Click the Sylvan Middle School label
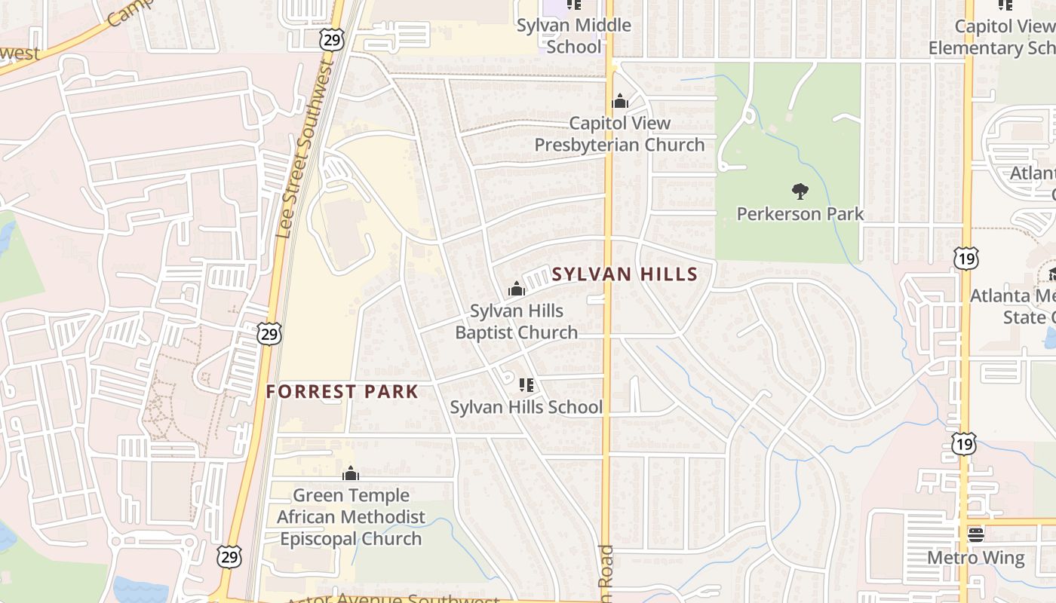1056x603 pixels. (x=574, y=35)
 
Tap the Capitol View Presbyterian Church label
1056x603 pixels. (x=619, y=133)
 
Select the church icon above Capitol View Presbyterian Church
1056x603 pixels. (x=620, y=101)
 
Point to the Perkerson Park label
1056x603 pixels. (x=800, y=213)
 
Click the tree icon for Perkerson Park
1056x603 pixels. (x=800, y=191)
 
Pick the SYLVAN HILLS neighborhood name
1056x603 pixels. (x=625, y=274)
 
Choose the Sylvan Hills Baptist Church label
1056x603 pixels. (x=517, y=321)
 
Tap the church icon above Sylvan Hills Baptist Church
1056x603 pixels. (x=517, y=289)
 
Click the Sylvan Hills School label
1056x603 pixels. (x=526, y=407)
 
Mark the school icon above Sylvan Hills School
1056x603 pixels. (x=526, y=385)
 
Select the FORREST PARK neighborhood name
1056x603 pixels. (x=342, y=392)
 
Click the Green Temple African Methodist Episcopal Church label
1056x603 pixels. (x=351, y=517)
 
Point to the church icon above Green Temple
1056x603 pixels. (x=350, y=474)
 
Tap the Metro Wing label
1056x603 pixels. (x=976, y=558)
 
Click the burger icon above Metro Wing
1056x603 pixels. (x=976, y=535)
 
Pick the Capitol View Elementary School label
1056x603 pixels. (x=992, y=37)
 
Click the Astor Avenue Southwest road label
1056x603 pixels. (x=392, y=598)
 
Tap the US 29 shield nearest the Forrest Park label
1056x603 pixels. (x=269, y=333)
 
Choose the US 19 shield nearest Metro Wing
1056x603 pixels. (x=964, y=444)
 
